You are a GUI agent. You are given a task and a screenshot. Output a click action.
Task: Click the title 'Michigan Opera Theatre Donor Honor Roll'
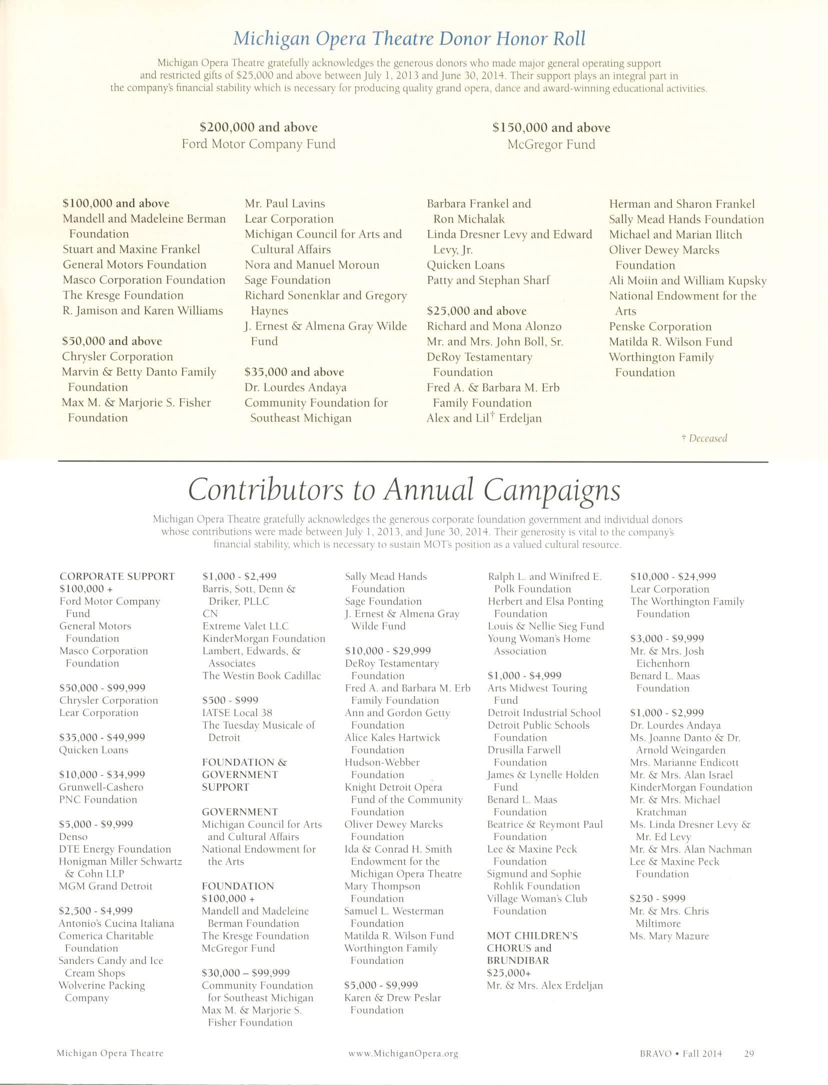(x=409, y=38)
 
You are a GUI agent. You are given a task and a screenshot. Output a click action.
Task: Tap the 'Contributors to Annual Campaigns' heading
(x=404, y=489)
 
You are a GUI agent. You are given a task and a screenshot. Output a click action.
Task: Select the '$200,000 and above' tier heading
(x=259, y=127)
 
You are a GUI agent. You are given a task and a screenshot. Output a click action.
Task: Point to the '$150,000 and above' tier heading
(x=551, y=128)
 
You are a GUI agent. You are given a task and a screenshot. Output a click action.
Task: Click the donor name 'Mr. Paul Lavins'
(x=285, y=203)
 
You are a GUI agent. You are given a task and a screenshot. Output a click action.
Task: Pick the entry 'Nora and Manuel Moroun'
(x=312, y=265)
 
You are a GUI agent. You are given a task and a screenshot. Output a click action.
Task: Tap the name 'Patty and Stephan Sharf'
(x=488, y=280)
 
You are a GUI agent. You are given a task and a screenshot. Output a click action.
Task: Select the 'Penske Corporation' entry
(x=660, y=327)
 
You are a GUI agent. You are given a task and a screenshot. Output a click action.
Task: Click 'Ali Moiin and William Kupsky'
(x=687, y=281)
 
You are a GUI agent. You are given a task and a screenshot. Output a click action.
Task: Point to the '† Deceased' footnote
(x=704, y=438)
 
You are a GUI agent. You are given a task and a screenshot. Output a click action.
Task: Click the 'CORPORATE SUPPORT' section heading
(x=117, y=576)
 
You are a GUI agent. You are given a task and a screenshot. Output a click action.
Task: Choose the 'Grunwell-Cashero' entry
(x=94, y=787)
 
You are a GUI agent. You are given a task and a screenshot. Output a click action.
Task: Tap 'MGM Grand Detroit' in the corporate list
(x=106, y=886)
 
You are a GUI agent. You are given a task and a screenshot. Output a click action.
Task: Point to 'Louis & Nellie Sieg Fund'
(x=546, y=626)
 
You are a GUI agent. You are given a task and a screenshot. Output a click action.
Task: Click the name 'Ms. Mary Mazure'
(x=669, y=936)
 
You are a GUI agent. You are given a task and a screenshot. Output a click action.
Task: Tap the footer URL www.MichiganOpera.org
(x=403, y=1053)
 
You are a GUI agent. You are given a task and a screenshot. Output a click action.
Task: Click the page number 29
(x=749, y=1053)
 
